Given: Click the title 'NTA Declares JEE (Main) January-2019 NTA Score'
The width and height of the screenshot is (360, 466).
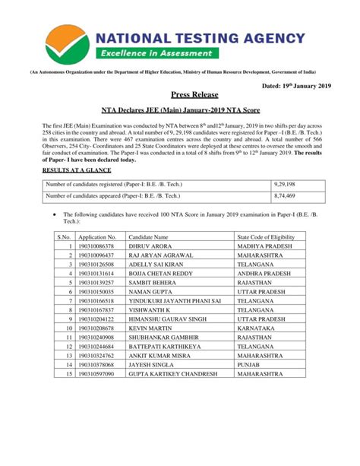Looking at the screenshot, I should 180,109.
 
